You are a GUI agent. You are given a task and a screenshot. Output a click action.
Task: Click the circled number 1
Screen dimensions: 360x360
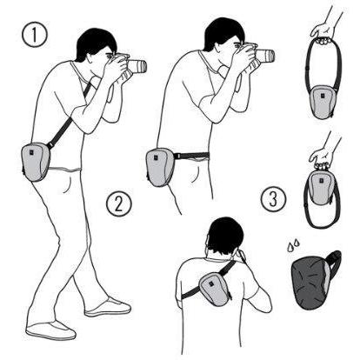(34, 34)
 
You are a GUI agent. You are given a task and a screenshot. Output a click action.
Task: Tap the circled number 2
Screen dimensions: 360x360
(119, 203)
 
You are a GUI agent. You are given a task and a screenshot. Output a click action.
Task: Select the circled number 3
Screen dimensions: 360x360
(273, 199)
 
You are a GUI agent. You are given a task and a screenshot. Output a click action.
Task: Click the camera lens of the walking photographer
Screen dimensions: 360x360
(138, 67)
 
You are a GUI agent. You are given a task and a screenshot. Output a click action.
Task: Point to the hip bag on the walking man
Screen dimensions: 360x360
(36, 162)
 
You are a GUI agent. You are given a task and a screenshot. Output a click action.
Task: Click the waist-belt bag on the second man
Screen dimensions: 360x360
(160, 167)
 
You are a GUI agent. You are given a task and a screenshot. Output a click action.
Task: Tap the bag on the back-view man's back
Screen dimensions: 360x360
(215, 289)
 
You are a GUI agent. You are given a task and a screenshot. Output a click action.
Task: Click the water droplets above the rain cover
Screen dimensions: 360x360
(293, 245)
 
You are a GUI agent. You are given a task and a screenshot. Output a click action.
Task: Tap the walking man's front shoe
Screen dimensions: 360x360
(108, 307)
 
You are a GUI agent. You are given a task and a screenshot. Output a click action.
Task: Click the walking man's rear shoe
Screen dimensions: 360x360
(50, 330)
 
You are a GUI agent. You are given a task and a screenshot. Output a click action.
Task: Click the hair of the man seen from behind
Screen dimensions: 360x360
(225, 235)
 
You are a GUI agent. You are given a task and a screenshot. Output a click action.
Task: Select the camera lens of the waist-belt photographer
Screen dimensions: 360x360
(265, 56)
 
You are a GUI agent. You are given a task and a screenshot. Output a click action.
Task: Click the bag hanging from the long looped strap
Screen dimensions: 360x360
(322, 102)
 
